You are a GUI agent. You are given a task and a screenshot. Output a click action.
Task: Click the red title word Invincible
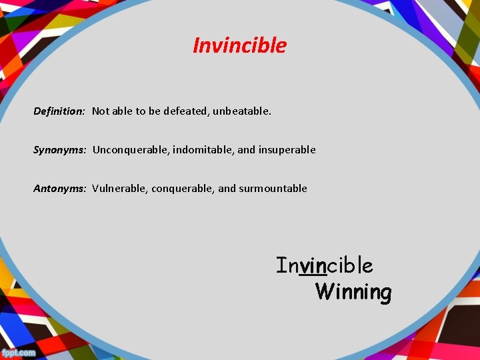click(x=239, y=45)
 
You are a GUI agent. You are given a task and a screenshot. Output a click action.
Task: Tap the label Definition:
click(x=59, y=111)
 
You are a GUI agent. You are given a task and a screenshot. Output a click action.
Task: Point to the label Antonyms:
click(x=60, y=189)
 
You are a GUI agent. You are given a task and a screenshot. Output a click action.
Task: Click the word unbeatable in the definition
click(x=242, y=111)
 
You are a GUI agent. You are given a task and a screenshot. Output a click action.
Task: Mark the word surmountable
click(x=273, y=189)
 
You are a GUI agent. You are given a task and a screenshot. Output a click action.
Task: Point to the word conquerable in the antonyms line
click(x=182, y=189)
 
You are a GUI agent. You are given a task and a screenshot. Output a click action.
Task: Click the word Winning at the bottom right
click(x=353, y=292)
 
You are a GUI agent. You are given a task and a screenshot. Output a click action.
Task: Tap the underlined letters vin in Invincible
click(x=313, y=266)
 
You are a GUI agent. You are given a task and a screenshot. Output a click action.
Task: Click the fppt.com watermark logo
click(x=19, y=351)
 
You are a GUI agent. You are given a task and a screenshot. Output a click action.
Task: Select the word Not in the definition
click(x=100, y=111)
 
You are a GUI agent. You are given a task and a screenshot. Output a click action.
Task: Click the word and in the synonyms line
click(x=246, y=150)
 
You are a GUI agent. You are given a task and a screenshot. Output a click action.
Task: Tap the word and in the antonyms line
click(x=227, y=189)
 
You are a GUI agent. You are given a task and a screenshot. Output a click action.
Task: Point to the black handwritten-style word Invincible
click(x=325, y=265)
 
